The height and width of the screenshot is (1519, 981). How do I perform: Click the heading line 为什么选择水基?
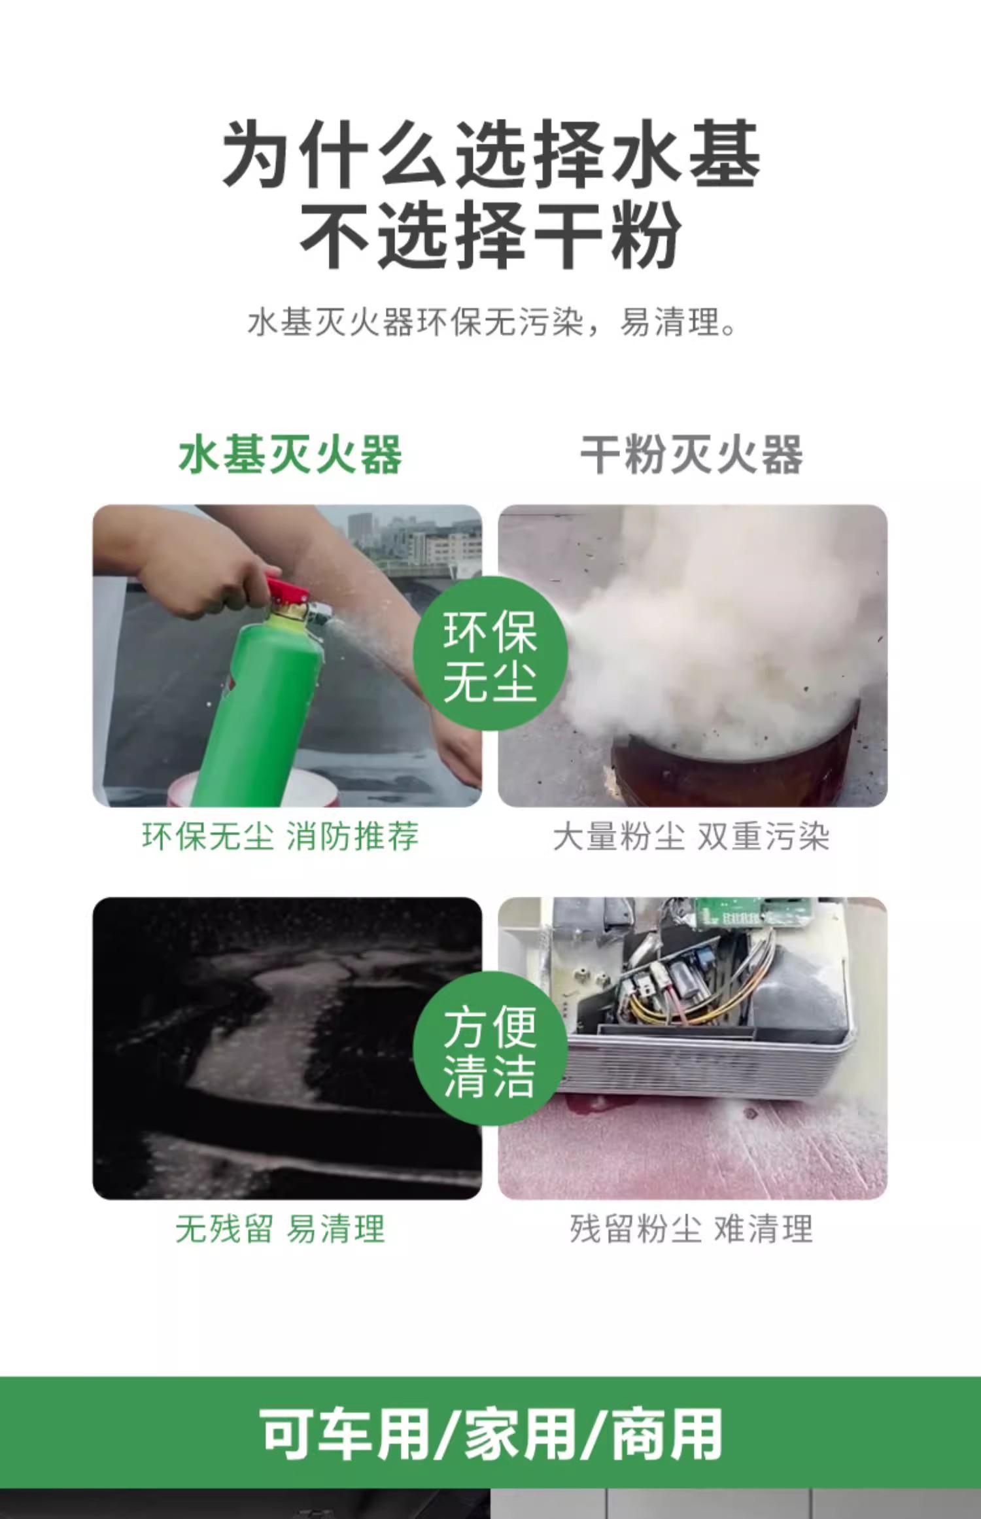(490, 154)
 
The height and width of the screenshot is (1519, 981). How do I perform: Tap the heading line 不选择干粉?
(490, 234)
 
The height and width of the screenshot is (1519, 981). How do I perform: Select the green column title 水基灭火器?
(290, 455)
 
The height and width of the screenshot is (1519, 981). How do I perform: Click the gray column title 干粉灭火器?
(691, 455)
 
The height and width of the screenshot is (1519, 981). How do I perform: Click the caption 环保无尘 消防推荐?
(280, 837)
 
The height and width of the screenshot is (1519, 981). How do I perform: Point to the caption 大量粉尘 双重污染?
(691, 837)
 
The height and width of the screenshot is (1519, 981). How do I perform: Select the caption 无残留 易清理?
(280, 1229)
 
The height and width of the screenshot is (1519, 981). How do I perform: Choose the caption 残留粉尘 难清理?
(691, 1229)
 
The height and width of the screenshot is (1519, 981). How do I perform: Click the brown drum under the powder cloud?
(732, 765)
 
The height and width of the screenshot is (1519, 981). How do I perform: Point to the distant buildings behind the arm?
(412, 536)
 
